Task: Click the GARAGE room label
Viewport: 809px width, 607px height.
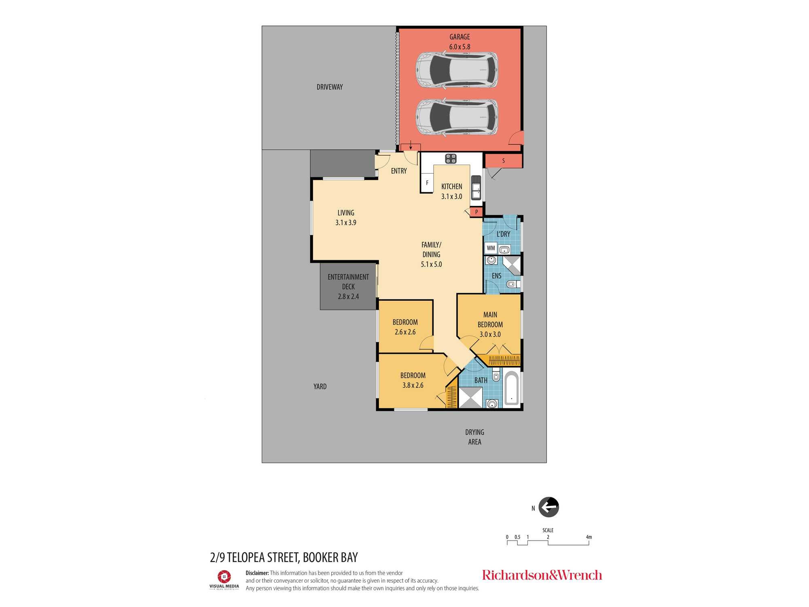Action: (460, 37)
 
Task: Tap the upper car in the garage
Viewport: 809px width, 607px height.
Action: (457, 70)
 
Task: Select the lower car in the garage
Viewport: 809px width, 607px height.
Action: (457, 117)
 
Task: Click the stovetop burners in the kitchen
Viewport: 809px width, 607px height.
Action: (451, 159)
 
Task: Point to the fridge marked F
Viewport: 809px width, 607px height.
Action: (427, 183)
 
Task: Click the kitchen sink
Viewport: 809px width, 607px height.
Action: (476, 188)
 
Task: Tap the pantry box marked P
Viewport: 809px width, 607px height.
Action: (477, 212)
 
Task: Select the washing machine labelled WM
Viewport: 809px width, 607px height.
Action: (491, 248)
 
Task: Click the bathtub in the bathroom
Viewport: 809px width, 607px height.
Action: (512, 388)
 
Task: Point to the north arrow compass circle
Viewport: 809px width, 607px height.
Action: (549, 507)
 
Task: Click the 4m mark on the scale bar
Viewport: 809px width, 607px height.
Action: (589, 537)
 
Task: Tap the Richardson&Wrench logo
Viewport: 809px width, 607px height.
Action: (542, 575)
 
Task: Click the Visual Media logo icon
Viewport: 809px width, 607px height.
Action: (224, 576)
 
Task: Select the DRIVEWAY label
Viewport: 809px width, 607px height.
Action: (330, 87)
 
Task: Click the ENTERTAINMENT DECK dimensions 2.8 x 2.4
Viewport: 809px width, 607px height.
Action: (348, 297)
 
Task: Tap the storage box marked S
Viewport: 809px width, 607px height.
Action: (504, 161)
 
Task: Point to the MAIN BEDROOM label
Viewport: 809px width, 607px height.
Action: (490, 320)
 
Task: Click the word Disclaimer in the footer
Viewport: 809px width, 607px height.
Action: (257, 573)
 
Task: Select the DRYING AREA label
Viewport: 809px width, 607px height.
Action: (474, 437)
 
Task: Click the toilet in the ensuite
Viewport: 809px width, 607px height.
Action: (513, 284)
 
